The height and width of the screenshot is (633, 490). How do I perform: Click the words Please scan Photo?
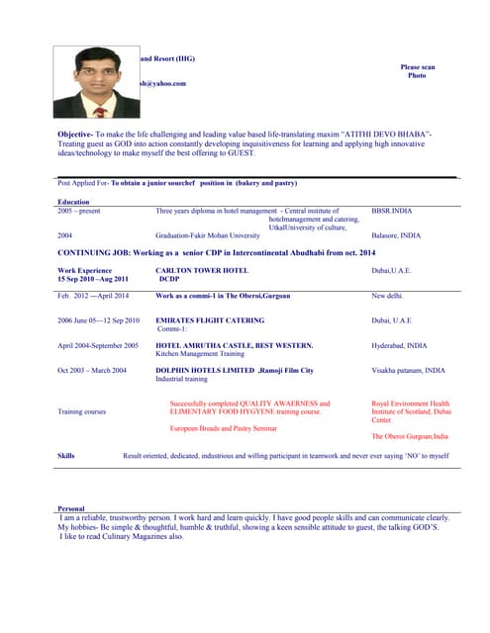tap(417, 71)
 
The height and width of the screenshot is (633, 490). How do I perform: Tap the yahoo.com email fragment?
tap(163, 83)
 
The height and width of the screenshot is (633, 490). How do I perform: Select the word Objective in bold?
tap(75, 133)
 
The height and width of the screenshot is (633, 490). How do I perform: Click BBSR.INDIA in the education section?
tap(392, 211)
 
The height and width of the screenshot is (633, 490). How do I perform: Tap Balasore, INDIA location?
tap(395, 235)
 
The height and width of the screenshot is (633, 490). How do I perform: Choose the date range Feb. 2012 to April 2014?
tap(93, 296)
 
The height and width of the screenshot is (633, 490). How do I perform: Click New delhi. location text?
tap(388, 296)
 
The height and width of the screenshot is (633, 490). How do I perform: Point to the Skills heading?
tap(66, 455)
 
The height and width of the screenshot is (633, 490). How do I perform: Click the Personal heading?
tap(71, 507)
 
